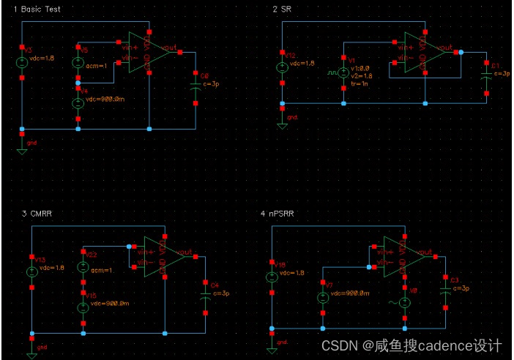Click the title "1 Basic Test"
coord(33,8)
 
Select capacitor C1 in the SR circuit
coord(485,73)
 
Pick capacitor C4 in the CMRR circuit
coord(205,293)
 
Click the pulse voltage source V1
coord(343,74)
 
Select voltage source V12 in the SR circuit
coord(283,67)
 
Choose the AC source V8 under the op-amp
coord(404,302)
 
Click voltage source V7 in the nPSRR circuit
coord(322,298)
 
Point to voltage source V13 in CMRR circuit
coord(31,271)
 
